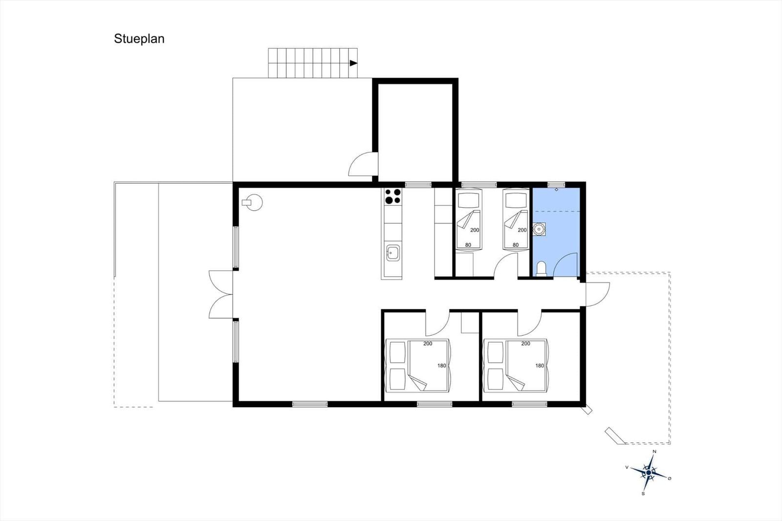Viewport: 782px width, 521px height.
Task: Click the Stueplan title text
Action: (x=139, y=39)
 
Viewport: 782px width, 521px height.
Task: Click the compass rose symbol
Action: (x=649, y=473)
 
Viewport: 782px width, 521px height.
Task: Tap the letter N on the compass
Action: (x=654, y=452)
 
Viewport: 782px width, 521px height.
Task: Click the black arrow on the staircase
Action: (x=353, y=63)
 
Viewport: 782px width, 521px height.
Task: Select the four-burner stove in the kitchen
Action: (x=393, y=196)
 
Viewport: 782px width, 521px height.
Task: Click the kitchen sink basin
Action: (x=393, y=253)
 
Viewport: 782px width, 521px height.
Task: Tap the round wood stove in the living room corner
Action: (x=253, y=202)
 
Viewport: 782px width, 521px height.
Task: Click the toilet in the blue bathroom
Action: (x=541, y=269)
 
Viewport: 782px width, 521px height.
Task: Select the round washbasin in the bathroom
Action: (x=540, y=229)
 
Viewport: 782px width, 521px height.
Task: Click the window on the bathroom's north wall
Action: (x=556, y=184)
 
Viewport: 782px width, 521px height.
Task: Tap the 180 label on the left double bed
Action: (x=442, y=366)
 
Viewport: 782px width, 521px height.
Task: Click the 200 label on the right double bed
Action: (x=526, y=344)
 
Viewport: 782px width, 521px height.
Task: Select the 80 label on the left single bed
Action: (x=468, y=245)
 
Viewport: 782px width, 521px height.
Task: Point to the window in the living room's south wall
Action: (x=310, y=404)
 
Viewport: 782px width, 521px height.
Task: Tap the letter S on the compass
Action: (x=643, y=494)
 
